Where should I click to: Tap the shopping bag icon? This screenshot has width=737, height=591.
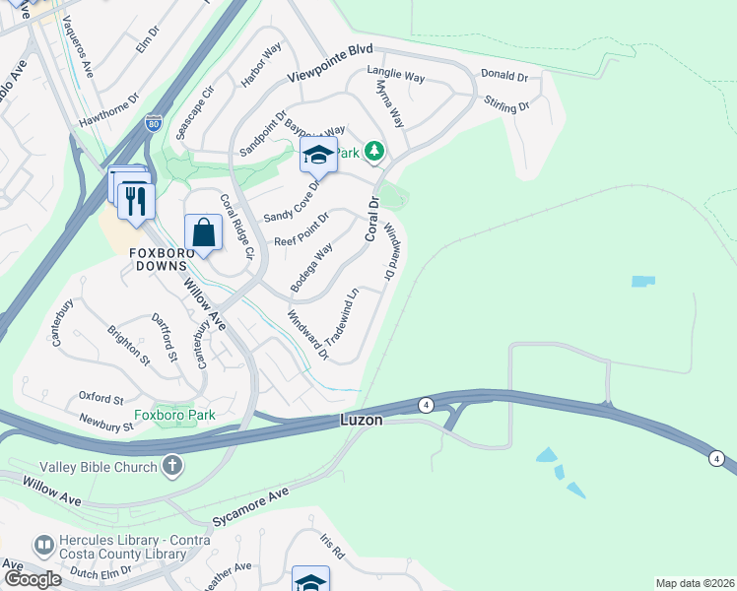[x=203, y=234]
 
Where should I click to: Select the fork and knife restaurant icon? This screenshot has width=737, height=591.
[x=135, y=201]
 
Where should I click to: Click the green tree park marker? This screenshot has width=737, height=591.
[x=373, y=152]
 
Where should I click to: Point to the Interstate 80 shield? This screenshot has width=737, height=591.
[x=153, y=123]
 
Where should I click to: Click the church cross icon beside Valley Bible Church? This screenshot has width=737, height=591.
[x=172, y=465]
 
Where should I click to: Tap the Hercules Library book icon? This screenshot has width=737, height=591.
[x=43, y=544]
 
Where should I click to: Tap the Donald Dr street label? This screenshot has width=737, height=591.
[x=503, y=76]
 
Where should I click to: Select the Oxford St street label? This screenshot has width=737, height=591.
[x=100, y=399]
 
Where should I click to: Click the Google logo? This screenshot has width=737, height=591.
[x=33, y=579]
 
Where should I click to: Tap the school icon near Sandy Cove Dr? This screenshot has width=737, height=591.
[x=318, y=156]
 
